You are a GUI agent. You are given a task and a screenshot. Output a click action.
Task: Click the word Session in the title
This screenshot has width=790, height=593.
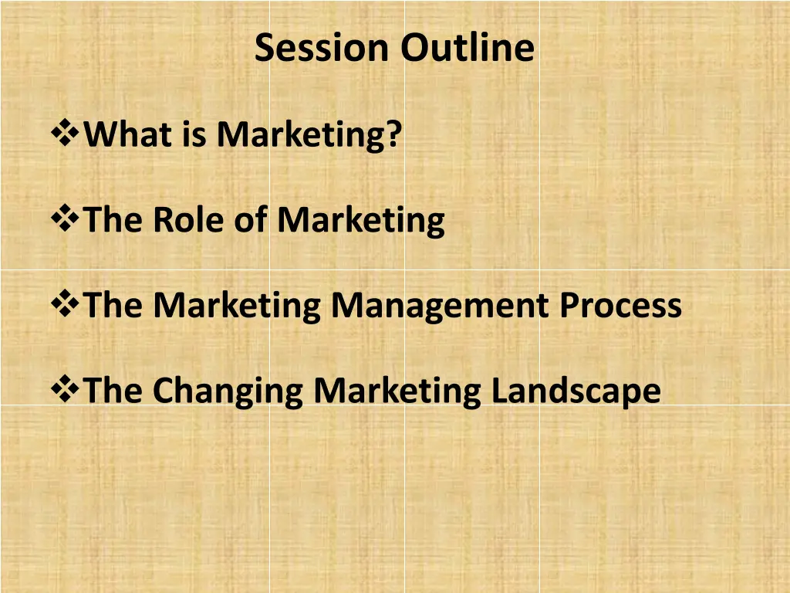[322, 48]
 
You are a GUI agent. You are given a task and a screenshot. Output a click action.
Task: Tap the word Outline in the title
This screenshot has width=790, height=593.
[467, 48]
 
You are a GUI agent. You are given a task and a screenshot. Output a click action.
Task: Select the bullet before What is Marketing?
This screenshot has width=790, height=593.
[65, 135]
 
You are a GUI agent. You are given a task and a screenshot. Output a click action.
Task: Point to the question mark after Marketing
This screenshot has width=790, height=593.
[394, 135]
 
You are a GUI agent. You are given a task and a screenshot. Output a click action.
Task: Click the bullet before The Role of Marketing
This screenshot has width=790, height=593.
[65, 220]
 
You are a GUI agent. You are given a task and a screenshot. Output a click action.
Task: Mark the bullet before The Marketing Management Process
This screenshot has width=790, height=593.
[65, 305]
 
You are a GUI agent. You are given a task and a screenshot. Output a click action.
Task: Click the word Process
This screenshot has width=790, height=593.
[620, 305]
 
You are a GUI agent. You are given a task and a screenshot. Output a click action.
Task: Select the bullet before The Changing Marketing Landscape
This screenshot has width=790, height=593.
[65, 390]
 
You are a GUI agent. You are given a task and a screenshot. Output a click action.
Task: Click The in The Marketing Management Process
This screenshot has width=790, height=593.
[115, 305]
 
